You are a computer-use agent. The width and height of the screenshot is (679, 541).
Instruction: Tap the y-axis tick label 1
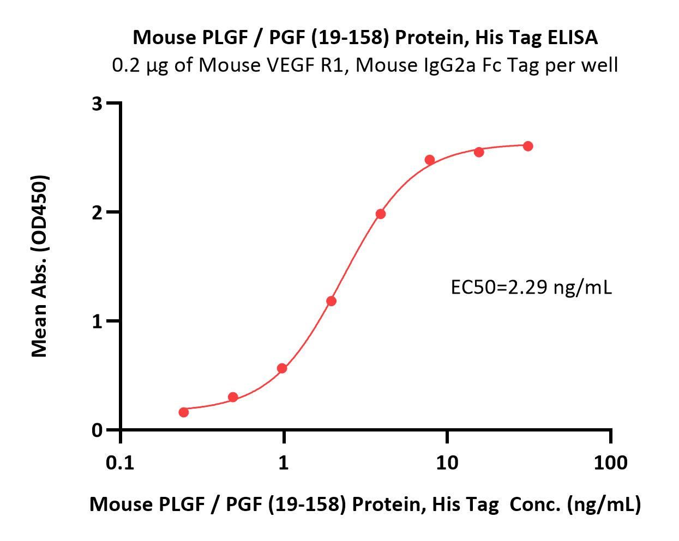click(x=97, y=321)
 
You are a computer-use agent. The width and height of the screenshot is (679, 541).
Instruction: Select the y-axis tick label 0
click(x=97, y=430)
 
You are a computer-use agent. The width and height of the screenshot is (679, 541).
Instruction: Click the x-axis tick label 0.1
click(x=120, y=463)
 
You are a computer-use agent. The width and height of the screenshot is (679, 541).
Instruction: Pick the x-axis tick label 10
click(x=447, y=463)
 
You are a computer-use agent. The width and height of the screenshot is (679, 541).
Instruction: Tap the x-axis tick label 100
click(x=610, y=463)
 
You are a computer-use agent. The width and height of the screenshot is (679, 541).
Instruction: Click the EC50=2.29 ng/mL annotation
click(x=531, y=287)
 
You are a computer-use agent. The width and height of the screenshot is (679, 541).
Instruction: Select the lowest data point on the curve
click(x=184, y=412)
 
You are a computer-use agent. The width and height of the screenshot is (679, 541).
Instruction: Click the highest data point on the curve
click(x=528, y=146)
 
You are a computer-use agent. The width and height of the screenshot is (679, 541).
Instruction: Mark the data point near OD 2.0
click(x=381, y=214)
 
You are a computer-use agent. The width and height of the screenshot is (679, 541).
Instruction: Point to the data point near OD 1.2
click(x=331, y=301)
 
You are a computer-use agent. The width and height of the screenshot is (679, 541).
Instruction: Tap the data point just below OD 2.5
click(x=430, y=160)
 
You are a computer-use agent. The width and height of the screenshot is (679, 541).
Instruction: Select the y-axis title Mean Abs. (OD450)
click(x=39, y=266)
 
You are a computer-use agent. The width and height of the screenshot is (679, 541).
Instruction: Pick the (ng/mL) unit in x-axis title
click(x=604, y=504)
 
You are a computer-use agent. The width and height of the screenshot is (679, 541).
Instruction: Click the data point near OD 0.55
click(x=282, y=368)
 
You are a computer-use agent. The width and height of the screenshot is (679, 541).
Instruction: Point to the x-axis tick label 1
click(x=284, y=463)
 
